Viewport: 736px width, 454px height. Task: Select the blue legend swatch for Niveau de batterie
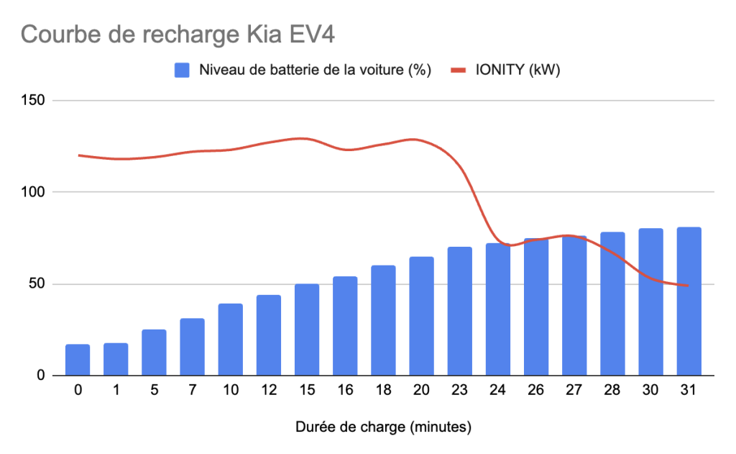[x=183, y=71]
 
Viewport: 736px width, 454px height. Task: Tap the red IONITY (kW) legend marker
[x=460, y=71]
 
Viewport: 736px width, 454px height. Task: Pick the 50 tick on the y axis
[x=36, y=283]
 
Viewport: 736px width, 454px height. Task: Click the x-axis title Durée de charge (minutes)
[x=383, y=427]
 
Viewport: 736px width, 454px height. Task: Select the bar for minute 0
[x=78, y=360]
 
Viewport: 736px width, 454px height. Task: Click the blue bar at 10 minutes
[x=230, y=340]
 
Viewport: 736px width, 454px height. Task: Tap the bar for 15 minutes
[x=307, y=330]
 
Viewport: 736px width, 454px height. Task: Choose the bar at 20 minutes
[x=421, y=317]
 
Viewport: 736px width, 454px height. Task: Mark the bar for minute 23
[x=459, y=312]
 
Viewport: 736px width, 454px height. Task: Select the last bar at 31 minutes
[x=689, y=301]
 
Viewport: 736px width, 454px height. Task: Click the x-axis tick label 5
[x=154, y=392]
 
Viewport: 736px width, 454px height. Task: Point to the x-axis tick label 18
[x=383, y=392]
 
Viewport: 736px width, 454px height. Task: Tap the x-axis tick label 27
[x=574, y=392]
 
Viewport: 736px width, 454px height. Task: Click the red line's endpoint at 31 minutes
[x=688, y=286]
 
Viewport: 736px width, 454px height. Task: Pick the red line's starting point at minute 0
[x=78, y=155]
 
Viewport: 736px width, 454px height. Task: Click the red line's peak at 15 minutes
[x=305, y=138]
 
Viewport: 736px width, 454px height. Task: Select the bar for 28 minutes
[x=612, y=304]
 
